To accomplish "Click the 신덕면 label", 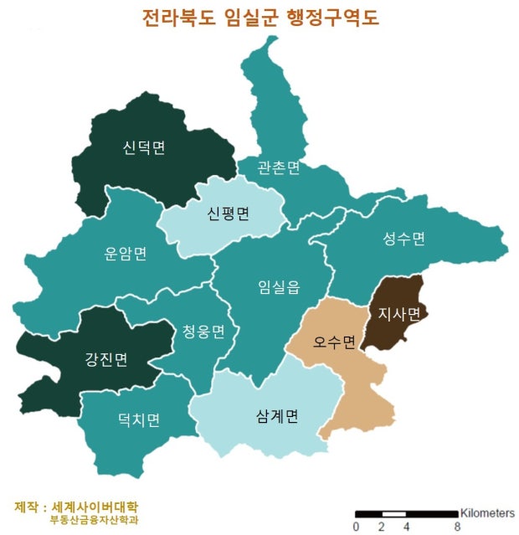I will [143, 149].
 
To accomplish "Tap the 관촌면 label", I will [280, 168].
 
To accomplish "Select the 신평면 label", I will [229, 213].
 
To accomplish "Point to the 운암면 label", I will [126, 254].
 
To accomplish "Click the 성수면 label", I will [404, 239].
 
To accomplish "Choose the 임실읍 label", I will [279, 286].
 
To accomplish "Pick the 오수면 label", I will [335, 342].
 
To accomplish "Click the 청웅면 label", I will [203, 332].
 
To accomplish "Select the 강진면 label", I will [106, 360].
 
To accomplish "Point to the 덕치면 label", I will [139, 419].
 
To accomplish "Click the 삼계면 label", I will [277, 416].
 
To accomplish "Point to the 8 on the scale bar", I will [457, 527].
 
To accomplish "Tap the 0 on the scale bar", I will [356, 527].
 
